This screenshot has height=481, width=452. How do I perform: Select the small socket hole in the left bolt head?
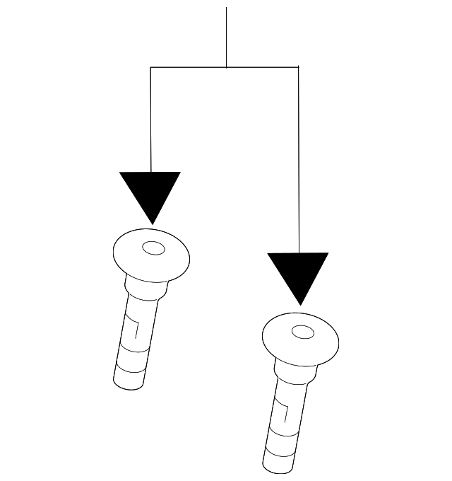(x=153, y=248)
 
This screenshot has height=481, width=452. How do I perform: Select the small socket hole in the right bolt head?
(x=302, y=332)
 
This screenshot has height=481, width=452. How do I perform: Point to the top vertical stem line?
(x=226, y=35)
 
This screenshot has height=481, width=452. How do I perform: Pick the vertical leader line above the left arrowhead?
(x=150, y=120)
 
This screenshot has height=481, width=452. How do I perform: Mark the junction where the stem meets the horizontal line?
(x=226, y=67)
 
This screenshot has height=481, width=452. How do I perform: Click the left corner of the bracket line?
(x=150, y=67)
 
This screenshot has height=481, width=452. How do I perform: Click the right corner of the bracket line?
(x=298, y=67)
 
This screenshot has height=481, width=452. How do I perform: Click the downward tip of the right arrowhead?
(x=299, y=304)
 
